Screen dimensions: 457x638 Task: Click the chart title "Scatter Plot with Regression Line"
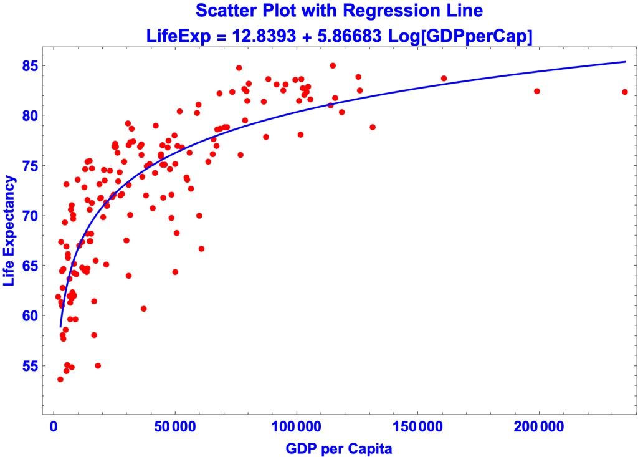(339, 11)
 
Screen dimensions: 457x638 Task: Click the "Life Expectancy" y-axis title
(9, 231)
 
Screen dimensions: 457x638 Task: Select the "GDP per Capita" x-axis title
(339, 448)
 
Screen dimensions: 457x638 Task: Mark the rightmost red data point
(624, 92)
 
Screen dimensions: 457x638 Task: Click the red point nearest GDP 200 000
(537, 91)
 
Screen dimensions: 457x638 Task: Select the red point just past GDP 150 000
(444, 79)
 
